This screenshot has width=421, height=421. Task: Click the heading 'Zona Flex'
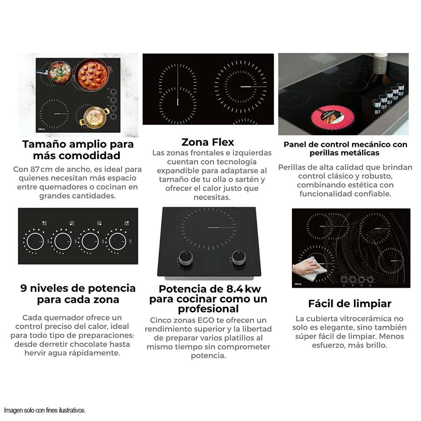[x=208, y=142]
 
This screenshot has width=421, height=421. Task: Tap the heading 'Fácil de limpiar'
[x=349, y=304]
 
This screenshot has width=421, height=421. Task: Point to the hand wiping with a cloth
[x=309, y=269]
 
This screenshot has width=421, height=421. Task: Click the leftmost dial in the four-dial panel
[x=35, y=241]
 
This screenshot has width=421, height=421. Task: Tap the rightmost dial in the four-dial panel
[x=117, y=241]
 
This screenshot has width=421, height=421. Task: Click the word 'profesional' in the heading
[x=208, y=309]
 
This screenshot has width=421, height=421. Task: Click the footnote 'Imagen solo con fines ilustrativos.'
[x=45, y=410]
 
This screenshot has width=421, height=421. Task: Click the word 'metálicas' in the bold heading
[x=359, y=153]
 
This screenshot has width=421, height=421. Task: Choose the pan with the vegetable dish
[x=59, y=72]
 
